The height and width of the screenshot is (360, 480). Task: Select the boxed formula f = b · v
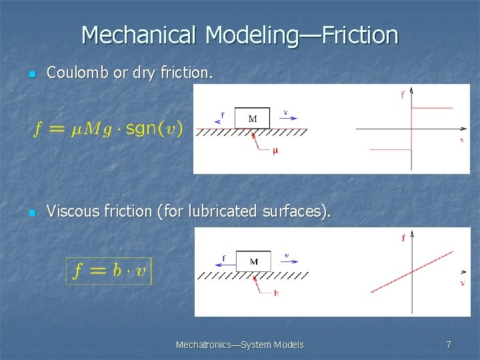point(109,271)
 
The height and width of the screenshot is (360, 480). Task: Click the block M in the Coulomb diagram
point(253,119)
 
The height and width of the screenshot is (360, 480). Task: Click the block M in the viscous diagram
point(253,261)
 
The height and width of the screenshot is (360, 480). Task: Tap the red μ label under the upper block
point(275,151)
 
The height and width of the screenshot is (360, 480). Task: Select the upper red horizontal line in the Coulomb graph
point(431,107)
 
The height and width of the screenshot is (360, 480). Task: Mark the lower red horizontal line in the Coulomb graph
point(390,149)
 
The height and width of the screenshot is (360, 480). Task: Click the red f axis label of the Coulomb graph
point(402,95)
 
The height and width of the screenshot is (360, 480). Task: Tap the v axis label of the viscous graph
point(462,283)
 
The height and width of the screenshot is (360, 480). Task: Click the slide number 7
point(449,345)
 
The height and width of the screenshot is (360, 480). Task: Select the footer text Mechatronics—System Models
point(239,345)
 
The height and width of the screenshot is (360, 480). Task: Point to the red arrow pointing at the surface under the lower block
point(263,283)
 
